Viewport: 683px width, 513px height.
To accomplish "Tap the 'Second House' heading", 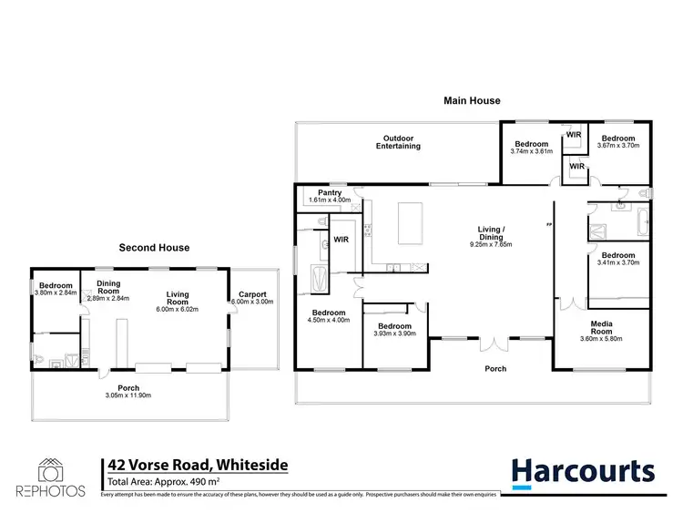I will (155, 247).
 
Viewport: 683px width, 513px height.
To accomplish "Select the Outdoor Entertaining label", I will (401, 142).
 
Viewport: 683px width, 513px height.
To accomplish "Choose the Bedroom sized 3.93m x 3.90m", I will (395, 326).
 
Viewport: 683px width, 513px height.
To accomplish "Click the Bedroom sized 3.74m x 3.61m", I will (531, 144).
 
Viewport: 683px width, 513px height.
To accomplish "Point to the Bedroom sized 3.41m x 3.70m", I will (617, 255).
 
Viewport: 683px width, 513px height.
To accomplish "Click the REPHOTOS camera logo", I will (50, 470).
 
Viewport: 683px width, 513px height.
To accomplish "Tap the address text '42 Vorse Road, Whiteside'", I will (198, 465).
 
